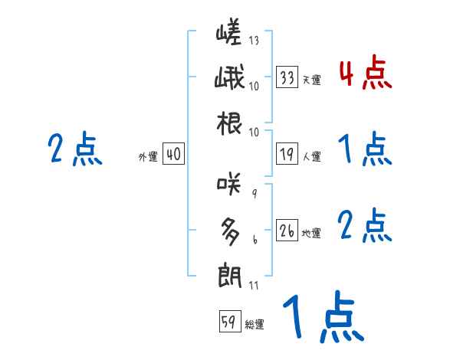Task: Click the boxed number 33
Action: tap(287, 77)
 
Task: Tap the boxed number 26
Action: tap(287, 231)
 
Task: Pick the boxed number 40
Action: tap(173, 155)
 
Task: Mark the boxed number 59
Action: tap(228, 322)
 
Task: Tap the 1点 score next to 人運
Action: tap(365, 149)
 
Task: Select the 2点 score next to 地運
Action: tap(365, 226)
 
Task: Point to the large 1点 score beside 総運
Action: tap(322, 317)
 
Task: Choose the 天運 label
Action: tap(311, 80)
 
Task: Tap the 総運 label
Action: tap(255, 325)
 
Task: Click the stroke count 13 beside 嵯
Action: tap(255, 41)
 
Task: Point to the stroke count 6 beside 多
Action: tap(255, 240)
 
